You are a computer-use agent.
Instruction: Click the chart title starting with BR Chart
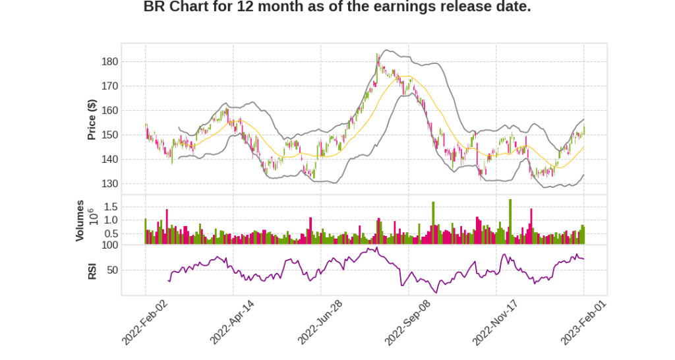coord(337,7)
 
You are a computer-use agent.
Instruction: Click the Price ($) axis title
coord(92,119)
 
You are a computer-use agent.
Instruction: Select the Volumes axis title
coord(80,220)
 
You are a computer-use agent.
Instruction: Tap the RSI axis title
coord(92,270)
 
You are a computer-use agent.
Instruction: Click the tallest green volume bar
coord(510,222)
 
